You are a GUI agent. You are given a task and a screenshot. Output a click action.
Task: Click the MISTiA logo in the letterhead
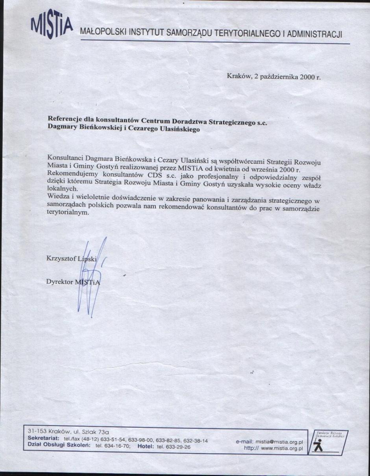pyautogui.click(x=52, y=27)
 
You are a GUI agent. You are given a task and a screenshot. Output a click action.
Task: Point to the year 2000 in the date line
pyautogui.click(x=307, y=77)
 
